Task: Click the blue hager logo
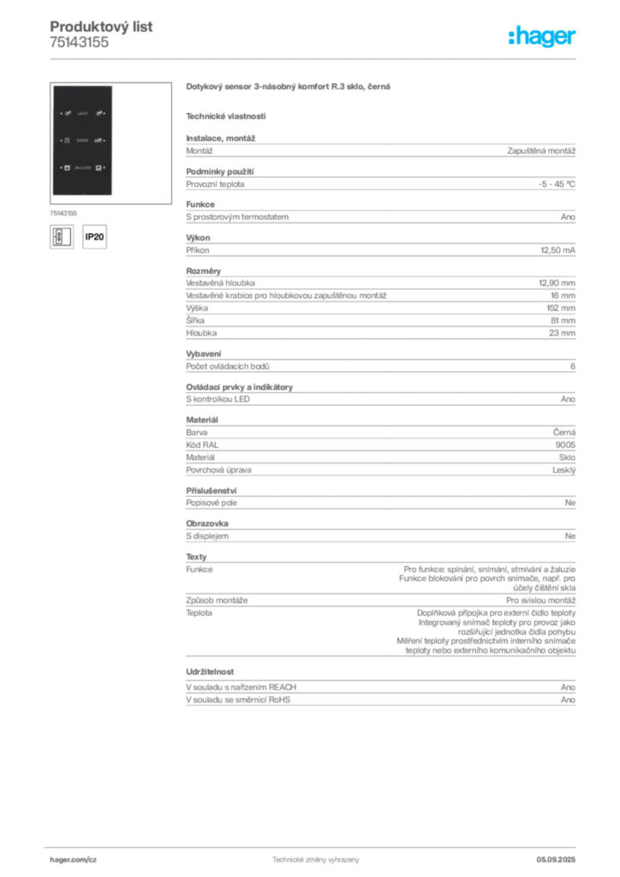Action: pyautogui.click(x=543, y=38)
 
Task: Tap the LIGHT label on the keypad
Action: pyautogui.click(x=82, y=113)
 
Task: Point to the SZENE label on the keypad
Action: pyautogui.click(x=82, y=140)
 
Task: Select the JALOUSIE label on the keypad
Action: pyautogui.click(x=82, y=167)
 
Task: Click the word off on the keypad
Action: pyautogui.click(x=98, y=140)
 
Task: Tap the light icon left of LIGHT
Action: pyautogui.click(x=68, y=113)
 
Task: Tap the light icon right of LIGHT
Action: pyautogui.click(x=98, y=113)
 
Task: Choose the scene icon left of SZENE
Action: pyautogui.click(x=68, y=140)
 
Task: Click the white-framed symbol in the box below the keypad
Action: pyautogui.click(x=59, y=236)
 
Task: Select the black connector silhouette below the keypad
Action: pyautogui.click(x=97, y=236)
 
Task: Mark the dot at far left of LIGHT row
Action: pyautogui.click(x=60, y=113)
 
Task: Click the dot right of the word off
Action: pyautogui.click(x=105, y=140)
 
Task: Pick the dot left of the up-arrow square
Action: pyautogui.click(x=60, y=167)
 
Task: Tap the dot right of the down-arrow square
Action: pyautogui.click(x=105, y=167)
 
